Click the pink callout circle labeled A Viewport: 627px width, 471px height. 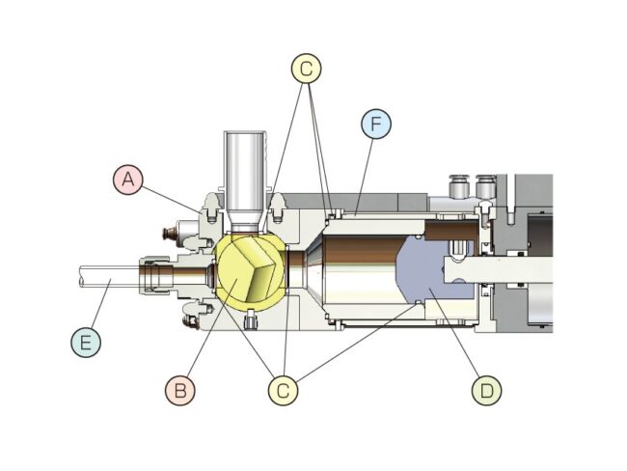coord(126,180)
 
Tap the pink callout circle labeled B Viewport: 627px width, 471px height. coord(178,390)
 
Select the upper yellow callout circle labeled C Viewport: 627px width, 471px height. coord(305,69)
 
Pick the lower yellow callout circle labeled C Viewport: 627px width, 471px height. coord(282,390)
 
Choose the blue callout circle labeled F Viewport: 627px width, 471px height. coord(375,125)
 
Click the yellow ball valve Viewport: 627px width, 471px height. coord(249,271)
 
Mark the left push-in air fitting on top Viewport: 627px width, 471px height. coord(458,184)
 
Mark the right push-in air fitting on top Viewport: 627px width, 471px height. coord(486,184)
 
